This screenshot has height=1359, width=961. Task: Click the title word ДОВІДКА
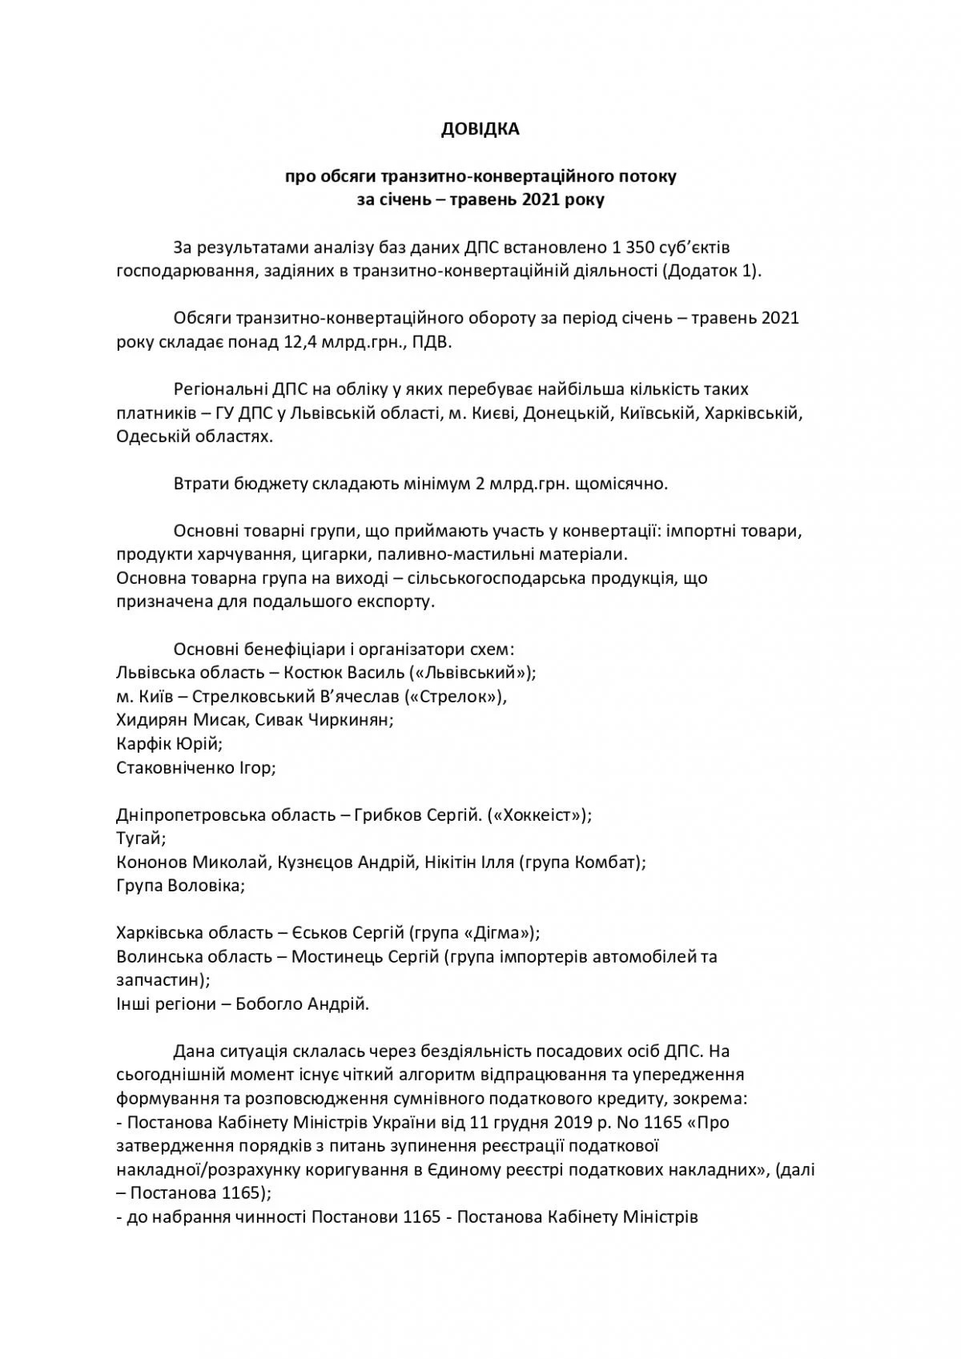[480, 129]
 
